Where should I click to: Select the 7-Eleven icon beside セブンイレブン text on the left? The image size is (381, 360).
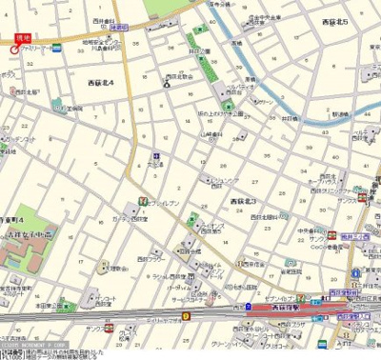click(x=142, y=202)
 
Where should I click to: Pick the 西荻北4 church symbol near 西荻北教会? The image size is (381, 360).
click(x=167, y=83)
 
